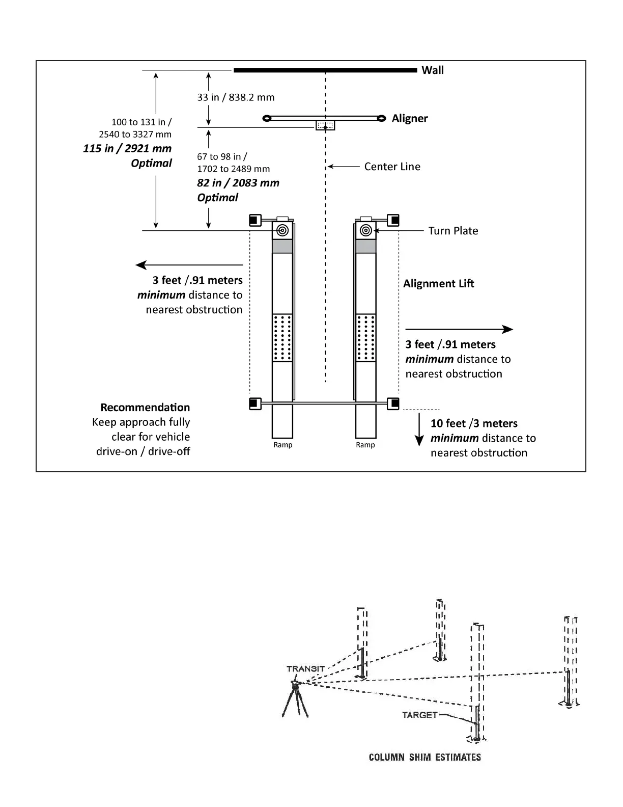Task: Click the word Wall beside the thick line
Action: pos(432,70)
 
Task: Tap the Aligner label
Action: pos(409,118)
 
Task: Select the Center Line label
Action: pos(392,167)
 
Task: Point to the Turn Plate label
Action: pos(453,231)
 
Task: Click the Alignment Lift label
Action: pos(438,284)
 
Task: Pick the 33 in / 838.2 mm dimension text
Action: pos(236,97)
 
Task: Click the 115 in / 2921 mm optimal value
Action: pos(127,149)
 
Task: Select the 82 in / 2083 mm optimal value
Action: pos(238,183)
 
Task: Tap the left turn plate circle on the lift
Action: pos(282,231)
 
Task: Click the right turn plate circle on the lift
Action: pos(365,231)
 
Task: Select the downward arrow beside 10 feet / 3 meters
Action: pos(419,431)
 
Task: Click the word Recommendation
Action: pos(145,408)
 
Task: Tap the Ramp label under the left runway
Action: pos(282,445)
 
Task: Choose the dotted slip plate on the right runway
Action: pos(365,338)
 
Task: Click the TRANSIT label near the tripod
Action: pos(305,668)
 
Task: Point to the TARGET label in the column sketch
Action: pos(419,715)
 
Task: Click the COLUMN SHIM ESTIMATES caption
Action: pos(424,757)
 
